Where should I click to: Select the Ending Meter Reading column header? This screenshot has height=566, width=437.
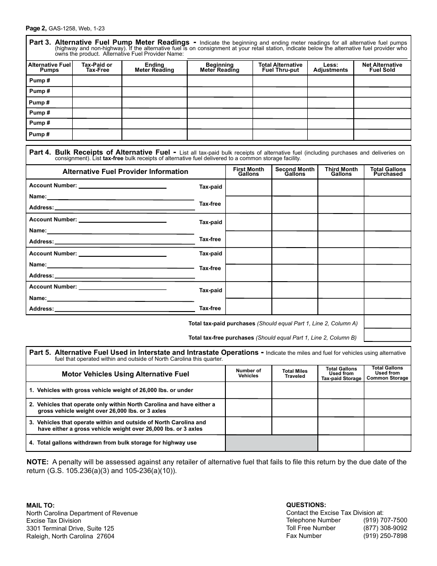pyautogui.click(x=154, y=68)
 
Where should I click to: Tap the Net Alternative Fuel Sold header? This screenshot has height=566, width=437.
pyautogui.click(x=382, y=68)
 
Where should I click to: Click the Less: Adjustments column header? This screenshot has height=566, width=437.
pyautogui.click(x=330, y=68)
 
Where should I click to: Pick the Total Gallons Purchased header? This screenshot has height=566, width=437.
pyautogui.click(x=388, y=172)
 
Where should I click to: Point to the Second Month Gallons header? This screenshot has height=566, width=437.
pyautogui.click(x=294, y=172)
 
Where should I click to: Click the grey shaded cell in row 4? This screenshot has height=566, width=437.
pyautogui.click(x=271, y=443)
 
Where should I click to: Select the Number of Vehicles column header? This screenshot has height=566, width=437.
pyautogui.click(x=248, y=373)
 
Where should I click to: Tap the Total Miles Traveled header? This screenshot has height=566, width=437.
pyautogui.click(x=294, y=374)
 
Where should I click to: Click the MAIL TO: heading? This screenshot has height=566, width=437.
pyautogui.click(x=40, y=505)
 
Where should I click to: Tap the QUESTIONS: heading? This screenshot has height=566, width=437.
pyautogui.click(x=306, y=505)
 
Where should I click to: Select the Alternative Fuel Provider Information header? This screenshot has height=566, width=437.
pyautogui.click(x=125, y=172)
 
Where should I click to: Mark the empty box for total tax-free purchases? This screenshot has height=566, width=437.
pyautogui.click(x=387, y=335)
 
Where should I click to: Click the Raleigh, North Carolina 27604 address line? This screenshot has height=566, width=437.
pyautogui.click(x=70, y=536)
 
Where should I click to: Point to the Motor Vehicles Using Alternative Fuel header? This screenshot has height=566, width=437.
pyautogui.click(x=125, y=374)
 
